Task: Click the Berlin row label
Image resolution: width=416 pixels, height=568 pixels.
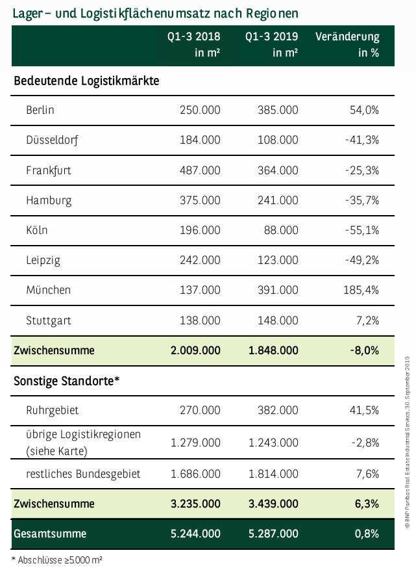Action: (x=40, y=110)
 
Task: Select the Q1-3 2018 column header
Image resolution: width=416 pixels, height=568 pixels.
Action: (x=193, y=45)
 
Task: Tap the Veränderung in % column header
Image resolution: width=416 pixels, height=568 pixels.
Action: (x=347, y=45)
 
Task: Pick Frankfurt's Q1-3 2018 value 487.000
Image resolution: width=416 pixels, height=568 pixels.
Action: (x=199, y=170)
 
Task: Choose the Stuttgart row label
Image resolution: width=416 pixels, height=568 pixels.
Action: (x=49, y=320)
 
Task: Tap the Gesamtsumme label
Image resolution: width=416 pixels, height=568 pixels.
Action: (x=49, y=534)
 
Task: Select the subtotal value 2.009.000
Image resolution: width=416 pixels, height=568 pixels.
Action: (x=195, y=350)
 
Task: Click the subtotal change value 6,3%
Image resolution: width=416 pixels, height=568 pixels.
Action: (x=367, y=504)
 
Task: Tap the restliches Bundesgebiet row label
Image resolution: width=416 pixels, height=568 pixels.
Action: (x=83, y=473)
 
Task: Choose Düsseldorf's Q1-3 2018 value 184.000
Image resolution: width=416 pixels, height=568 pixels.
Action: (x=199, y=140)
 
